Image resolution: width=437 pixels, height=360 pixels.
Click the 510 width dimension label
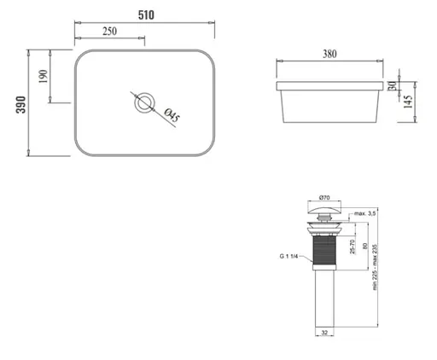[145, 15]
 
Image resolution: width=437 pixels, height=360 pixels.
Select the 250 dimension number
[109, 32]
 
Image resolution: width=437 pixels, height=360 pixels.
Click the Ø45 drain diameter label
[169, 115]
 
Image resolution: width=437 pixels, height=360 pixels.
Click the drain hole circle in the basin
[144, 104]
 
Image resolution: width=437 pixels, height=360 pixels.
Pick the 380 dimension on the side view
[329, 54]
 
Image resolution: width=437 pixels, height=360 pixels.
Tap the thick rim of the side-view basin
[329, 87]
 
